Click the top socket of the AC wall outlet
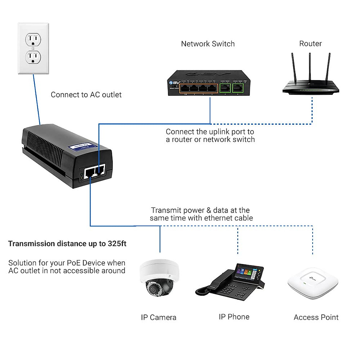pos(33,40)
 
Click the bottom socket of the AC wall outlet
pos(33,57)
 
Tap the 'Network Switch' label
pos(208,44)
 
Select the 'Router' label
pos(310,44)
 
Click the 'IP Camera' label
pos(158,317)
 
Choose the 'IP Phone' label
pos(234,317)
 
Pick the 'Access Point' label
pos(316,317)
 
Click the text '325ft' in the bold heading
pos(117,244)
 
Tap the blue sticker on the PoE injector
pos(82,147)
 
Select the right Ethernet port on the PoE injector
pos(100,170)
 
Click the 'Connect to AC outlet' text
pos(86,95)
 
